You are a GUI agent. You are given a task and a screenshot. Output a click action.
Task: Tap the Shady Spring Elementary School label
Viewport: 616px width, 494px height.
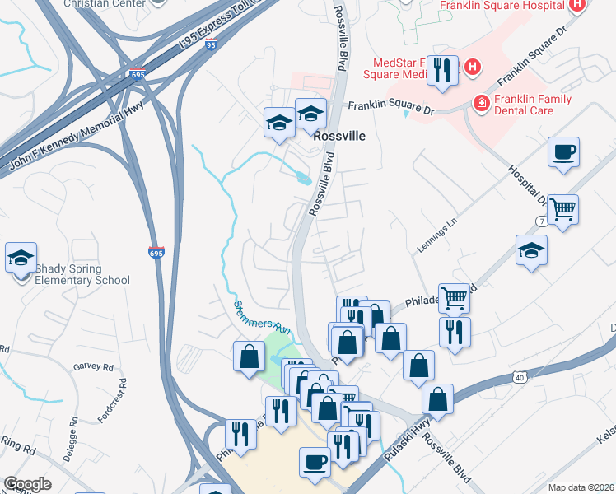pos(81,274)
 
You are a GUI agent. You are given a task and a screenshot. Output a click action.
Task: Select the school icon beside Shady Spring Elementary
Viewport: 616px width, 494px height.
pos(21,259)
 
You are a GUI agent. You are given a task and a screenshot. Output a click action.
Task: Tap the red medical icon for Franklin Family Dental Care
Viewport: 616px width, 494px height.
pos(480,103)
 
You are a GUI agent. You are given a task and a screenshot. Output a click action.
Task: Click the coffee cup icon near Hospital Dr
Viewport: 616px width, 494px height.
pos(563,152)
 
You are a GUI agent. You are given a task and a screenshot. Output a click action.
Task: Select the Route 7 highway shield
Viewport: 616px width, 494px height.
pos(541,222)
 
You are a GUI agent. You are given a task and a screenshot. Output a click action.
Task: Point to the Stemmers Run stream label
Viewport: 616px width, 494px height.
pos(260,317)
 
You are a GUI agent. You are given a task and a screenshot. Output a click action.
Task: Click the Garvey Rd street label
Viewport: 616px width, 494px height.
pos(92,366)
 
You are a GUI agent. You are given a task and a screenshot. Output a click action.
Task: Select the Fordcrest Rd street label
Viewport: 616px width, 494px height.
pos(122,400)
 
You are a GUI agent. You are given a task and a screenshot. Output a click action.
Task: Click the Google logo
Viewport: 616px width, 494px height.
pos(27,484)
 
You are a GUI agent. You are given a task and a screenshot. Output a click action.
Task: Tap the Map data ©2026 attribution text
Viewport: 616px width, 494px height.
pos(580,487)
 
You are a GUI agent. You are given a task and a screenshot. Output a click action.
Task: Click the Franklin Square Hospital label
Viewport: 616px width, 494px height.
pos(502,6)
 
